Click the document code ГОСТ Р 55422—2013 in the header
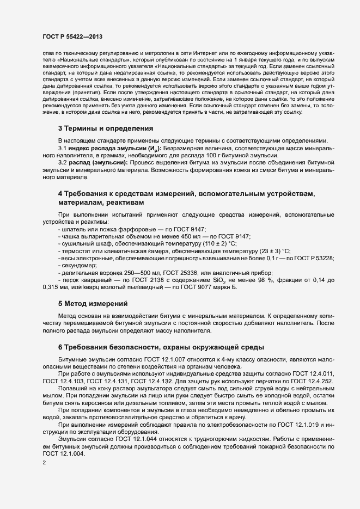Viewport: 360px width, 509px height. point(72,36)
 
